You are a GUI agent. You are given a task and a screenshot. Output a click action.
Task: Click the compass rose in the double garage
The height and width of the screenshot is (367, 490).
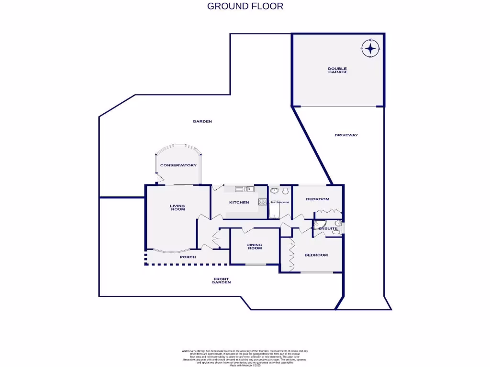point(370,48)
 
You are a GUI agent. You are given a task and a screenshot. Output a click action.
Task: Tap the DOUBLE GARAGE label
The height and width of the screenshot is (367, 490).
point(337,70)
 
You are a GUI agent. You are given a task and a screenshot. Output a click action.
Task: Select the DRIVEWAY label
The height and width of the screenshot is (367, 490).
point(346,135)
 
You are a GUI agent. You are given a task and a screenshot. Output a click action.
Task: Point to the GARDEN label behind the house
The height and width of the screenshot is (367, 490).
point(202,121)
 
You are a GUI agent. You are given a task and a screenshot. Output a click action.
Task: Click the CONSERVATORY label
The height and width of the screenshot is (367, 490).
point(178,165)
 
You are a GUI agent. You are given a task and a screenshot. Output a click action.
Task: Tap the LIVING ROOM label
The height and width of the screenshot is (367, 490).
point(177,207)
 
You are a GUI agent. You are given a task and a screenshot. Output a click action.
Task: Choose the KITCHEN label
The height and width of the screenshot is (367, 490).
point(239,202)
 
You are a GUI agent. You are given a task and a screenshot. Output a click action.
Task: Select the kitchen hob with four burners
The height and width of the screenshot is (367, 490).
point(263,202)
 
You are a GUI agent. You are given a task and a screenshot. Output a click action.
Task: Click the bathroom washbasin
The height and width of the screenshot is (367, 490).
point(275,191)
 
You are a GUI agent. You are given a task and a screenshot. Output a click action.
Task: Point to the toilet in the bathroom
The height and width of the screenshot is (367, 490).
point(286,191)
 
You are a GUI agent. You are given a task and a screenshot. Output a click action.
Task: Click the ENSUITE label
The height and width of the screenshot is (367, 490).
point(328,229)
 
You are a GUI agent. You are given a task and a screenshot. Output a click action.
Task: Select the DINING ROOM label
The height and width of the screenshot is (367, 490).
point(254,246)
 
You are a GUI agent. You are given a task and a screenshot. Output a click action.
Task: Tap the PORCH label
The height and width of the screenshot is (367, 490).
point(188,257)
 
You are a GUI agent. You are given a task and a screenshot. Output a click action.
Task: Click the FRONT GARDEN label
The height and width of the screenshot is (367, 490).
point(221,281)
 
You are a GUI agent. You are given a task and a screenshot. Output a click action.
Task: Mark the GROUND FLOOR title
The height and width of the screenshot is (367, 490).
point(245,6)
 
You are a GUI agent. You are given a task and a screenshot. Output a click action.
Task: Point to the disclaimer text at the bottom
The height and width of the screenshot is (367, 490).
point(245,357)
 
